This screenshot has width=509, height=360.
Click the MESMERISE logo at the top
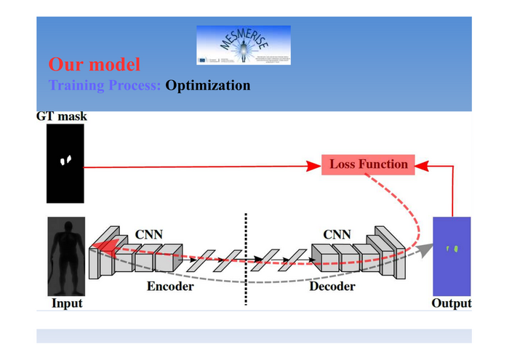(244, 45)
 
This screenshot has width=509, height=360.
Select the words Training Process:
(105, 86)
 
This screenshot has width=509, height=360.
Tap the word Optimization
(208, 86)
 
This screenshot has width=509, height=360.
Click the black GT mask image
(65, 164)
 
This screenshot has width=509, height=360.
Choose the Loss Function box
(369, 164)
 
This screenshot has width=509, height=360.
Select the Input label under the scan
(66, 303)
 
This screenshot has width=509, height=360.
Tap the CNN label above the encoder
(148, 234)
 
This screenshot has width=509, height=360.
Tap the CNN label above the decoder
(337, 234)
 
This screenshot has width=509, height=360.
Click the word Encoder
(170, 287)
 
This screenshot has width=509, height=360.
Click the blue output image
(452, 255)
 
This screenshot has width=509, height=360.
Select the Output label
(452, 303)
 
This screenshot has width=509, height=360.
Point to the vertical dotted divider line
(246, 258)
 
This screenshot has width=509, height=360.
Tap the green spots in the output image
(453, 249)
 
